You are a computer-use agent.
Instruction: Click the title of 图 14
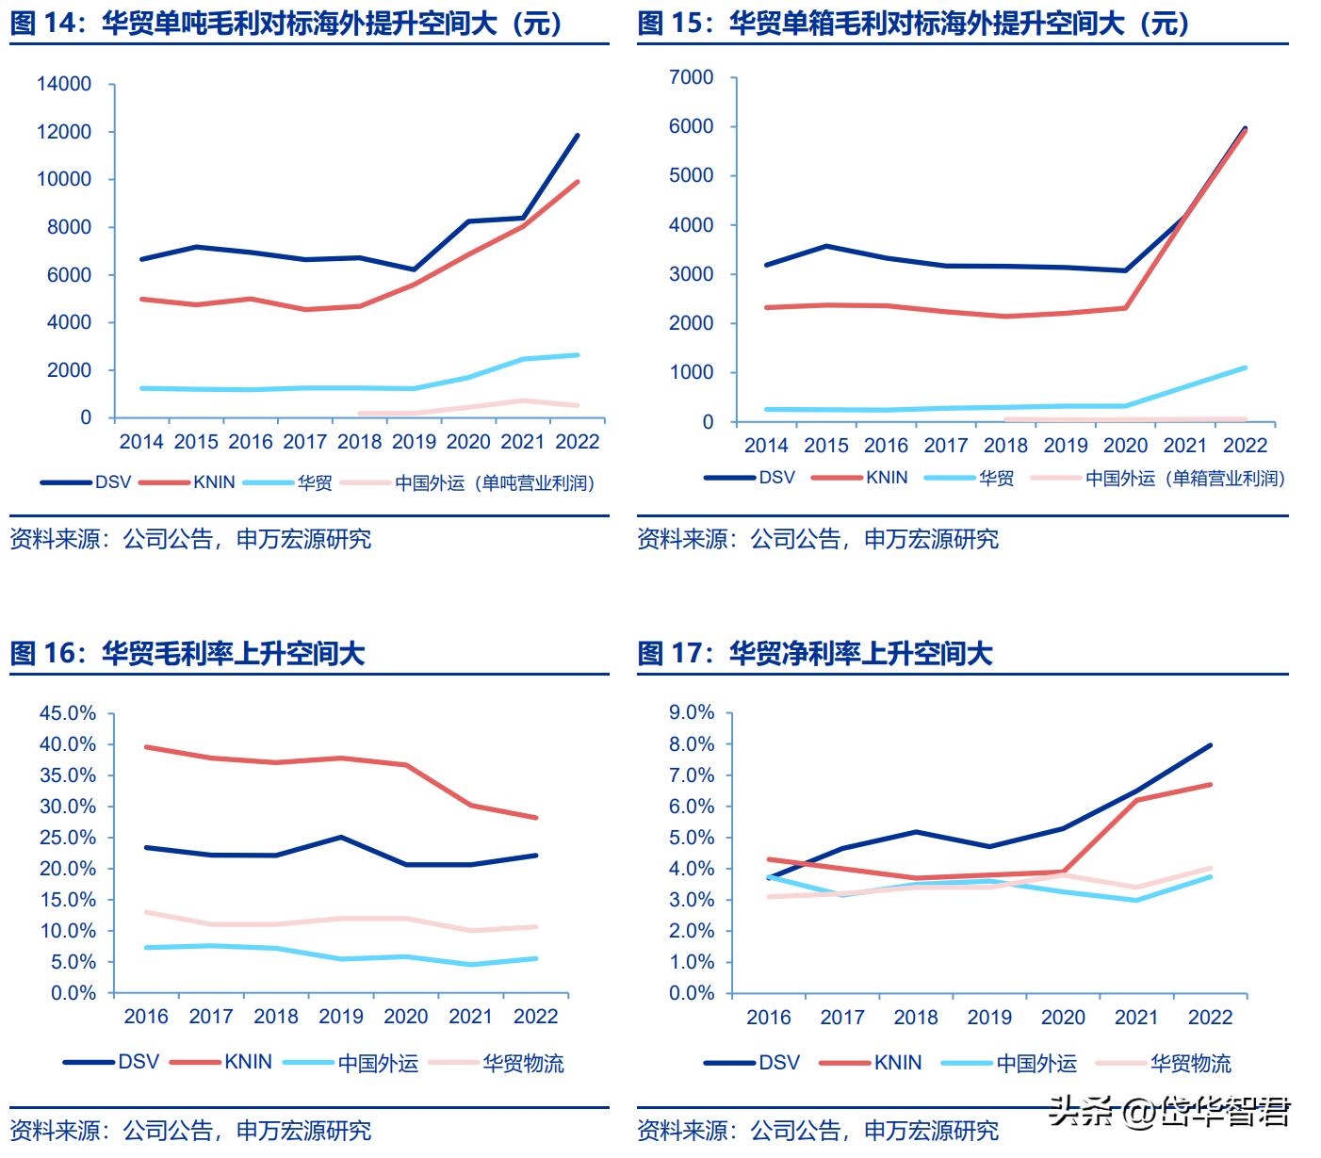click(x=287, y=23)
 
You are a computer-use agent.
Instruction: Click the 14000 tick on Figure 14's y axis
click(x=64, y=84)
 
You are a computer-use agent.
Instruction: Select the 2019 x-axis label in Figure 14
click(x=414, y=441)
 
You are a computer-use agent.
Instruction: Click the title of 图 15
click(x=914, y=23)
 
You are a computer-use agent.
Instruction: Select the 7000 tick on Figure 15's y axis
click(x=692, y=77)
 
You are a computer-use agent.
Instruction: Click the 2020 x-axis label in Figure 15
click(x=1125, y=446)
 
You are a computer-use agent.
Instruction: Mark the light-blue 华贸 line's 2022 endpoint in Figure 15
click(x=1245, y=367)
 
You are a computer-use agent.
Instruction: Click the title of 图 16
click(x=187, y=653)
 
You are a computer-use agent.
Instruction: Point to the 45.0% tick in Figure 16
click(x=68, y=713)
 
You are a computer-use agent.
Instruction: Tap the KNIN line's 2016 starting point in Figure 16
click(x=146, y=747)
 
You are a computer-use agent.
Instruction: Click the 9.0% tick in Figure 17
click(x=692, y=712)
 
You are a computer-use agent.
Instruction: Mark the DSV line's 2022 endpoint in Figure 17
click(x=1210, y=745)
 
